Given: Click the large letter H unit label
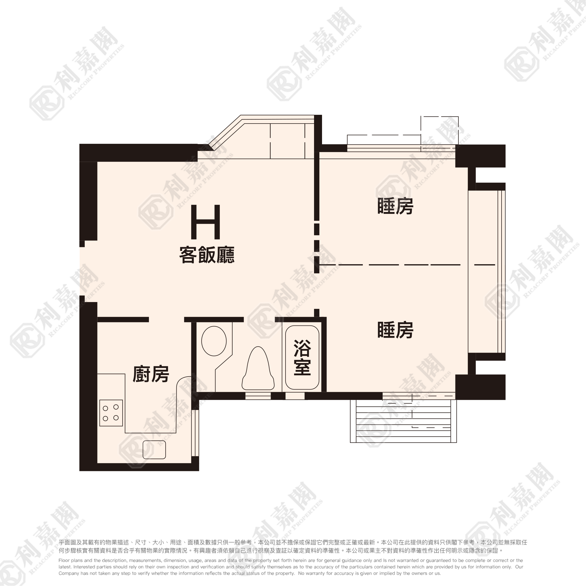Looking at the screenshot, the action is (205, 222).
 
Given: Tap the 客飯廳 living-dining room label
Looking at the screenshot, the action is (207, 255).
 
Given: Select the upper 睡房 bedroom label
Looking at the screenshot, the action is (395, 206).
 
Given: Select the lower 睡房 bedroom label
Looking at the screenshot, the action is (395, 330).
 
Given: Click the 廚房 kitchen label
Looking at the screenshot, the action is (151, 374).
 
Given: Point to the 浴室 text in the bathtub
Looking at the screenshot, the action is (302, 358).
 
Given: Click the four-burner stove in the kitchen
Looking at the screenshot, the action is (111, 413).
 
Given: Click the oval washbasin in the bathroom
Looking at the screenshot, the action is (214, 341).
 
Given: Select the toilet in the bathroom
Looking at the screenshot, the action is (258, 369).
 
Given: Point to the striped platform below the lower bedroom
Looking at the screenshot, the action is (403, 421).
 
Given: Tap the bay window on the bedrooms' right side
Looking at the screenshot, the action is (487, 271).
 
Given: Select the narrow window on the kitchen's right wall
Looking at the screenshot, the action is (195, 433).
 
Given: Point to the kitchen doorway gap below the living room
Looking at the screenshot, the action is (166, 319).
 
